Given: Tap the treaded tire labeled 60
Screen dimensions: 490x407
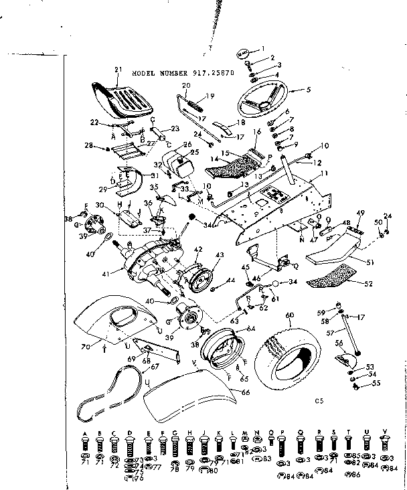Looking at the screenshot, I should point(295,353).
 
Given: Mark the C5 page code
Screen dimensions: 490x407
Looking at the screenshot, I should point(319,401).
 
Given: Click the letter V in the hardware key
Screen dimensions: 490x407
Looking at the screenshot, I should point(384,432).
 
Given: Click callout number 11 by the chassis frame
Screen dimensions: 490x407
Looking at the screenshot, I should point(325,173).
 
